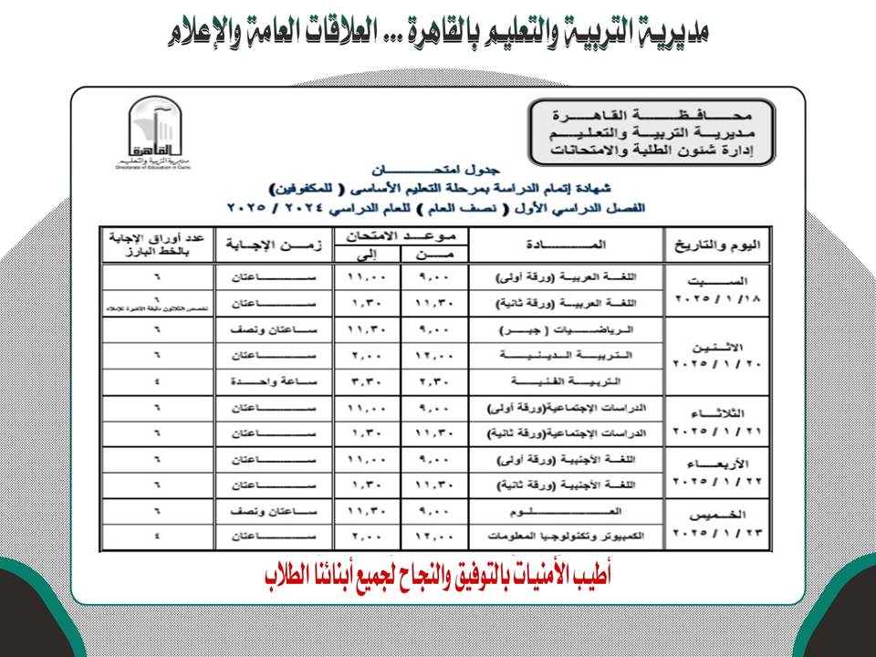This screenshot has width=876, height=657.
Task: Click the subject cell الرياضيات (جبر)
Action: (x=566, y=328)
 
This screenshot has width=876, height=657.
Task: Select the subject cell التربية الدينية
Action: (x=566, y=355)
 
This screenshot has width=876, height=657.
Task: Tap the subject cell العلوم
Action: (x=566, y=511)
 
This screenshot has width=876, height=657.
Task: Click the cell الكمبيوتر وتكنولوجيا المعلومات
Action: (x=566, y=537)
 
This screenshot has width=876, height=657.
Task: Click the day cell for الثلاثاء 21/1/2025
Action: (x=717, y=421)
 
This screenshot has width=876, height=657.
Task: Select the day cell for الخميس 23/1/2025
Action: (x=717, y=524)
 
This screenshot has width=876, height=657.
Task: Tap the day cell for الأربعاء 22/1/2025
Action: (x=717, y=472)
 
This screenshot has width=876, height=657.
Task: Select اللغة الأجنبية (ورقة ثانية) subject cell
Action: (x=566, y=485)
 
